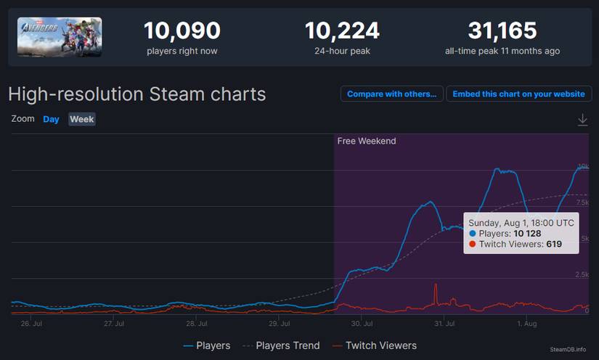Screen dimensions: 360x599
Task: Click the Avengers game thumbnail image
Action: (60, 37)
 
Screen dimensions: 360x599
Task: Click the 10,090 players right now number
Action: (182, 31)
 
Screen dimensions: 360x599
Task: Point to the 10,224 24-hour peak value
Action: (342, 31)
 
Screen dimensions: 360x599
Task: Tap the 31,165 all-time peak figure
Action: (502, 31)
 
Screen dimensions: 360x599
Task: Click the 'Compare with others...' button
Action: (391, 94)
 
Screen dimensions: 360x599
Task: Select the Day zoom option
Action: (51, 119)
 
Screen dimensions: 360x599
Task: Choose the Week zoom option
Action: (82, 119)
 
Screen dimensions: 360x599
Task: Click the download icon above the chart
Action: (582, 120)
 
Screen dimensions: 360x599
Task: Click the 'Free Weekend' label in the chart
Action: (367, 141)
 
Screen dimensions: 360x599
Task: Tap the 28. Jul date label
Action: (197, 324)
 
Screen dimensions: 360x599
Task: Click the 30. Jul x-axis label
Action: (362, 324)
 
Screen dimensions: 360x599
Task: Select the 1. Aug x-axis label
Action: (526, 324)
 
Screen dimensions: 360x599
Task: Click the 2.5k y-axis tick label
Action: (582, 274)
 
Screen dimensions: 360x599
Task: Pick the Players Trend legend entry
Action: (281, 345)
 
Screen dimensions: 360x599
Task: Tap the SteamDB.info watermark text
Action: (568, 349)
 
